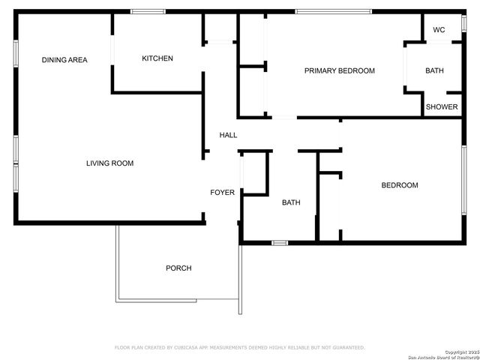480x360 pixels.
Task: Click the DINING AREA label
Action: [x=64, y=60]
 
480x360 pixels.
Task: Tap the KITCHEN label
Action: [x=157, y=58]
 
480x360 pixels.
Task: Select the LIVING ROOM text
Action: [x=109, y=163]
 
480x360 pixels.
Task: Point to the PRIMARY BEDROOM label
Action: [x=339, y=70]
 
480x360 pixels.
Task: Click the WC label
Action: [x=439, y=31]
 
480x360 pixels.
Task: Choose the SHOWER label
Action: [x=442, y=106]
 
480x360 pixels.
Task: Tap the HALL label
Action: [x=228, y=135]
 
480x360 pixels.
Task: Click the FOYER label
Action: [x=222, y=193]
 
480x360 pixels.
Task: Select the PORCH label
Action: [x=178, y=268]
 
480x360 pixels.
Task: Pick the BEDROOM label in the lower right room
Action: [x=399, y=185]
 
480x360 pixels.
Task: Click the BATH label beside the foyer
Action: [x=291, y=202]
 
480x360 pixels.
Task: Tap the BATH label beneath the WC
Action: [x=434, y=70]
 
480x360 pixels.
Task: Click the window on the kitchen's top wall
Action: [x=148, y=11]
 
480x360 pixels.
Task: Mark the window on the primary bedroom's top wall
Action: [x=332, y=11]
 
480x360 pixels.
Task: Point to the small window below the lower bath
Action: [x=280, y=242]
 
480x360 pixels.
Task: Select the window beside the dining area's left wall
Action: [x=15, y=53]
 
